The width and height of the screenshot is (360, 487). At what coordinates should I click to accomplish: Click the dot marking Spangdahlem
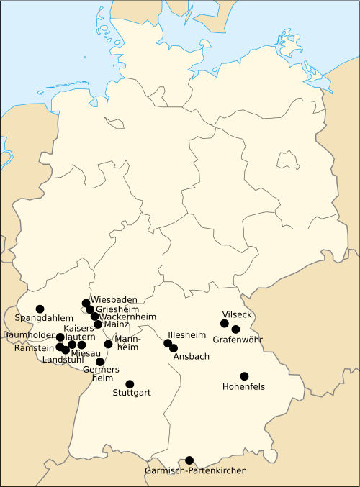(x=40, y=309)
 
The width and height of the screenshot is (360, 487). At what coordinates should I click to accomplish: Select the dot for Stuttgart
(x=130, y=384)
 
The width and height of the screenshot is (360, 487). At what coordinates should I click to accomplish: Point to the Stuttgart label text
(x=132, y=393)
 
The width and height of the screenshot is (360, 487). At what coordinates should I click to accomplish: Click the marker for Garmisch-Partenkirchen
(x=189, y=460)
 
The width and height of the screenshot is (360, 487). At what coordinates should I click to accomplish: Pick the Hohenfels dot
(x=244, y=376)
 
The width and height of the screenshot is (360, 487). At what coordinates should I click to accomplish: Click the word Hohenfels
(x=244, y=386)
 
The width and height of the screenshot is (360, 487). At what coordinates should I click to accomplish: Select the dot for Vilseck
(x=225, y=323)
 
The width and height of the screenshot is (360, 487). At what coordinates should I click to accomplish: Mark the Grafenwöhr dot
(x=235, y=329)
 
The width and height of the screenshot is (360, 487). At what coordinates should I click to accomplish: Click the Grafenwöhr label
(x=238, y=339)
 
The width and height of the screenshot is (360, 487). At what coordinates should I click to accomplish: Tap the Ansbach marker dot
(x=174, y=348)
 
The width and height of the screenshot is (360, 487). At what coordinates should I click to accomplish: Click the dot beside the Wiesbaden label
(x=86, y=303)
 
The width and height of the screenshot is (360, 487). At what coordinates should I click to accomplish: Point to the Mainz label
(x=116, y=324)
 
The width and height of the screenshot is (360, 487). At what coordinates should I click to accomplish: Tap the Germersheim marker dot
(x=100, y=362)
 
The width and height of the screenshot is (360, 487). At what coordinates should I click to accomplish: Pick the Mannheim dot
(x=109, y=344)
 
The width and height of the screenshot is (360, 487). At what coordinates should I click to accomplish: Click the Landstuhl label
(x=63, y=360)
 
